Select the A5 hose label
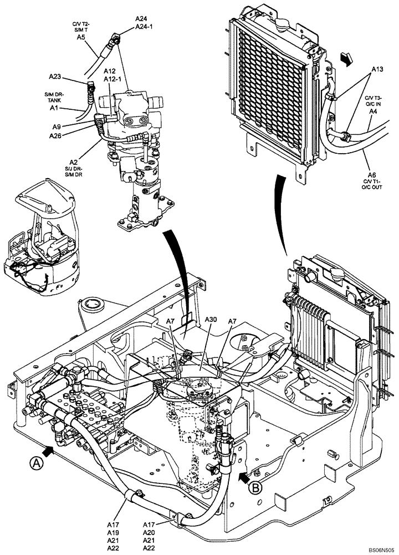(x=80, y=37)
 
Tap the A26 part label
(x=55, y=135)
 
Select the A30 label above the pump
(x=211, y=320)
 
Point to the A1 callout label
(x=53, y=109)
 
